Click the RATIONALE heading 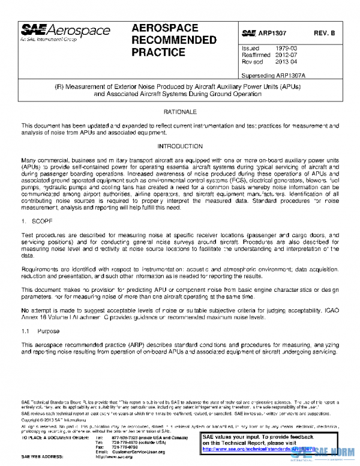pyautogui.click(x=180, y=112)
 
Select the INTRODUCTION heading pyautogui.click(x=180, y=146)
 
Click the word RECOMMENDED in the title pyautogui.click(x=173, y=41)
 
